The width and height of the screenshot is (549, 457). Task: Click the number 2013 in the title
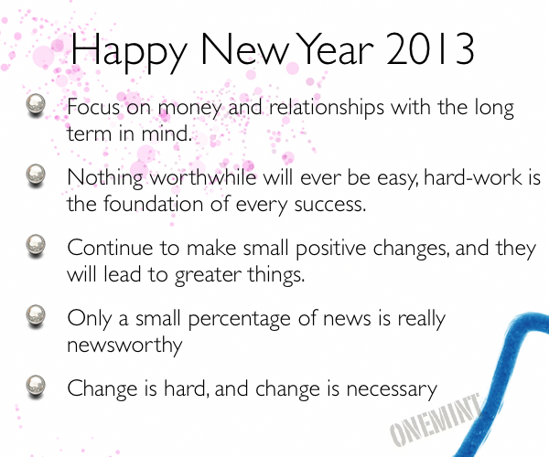pyautogui.click(x=430, y=49)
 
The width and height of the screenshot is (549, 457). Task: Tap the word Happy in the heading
pyautogui.click(x=128, y=52)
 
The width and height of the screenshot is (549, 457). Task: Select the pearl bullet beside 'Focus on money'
pyautogui.click(x=36, y=105)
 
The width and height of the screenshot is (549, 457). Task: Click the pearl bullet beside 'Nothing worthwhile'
pyautogui.click(x=36, y=175)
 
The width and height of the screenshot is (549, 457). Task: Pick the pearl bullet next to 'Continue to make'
pyautogui.click(x=36, y=246)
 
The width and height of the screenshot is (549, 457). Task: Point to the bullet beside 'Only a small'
pyautogui.click(x=36, y=315)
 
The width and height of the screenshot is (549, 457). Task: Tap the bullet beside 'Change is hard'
pyautogui.click(x=36, y=386)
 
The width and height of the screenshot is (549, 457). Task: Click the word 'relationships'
pyautogui.click(x=327, y=108)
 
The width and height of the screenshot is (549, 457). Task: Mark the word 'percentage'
pyautogui.click(x=240, y=320)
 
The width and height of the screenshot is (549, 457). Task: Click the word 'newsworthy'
pyautogui.click(x=124, y=345)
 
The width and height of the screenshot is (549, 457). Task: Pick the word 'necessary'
pyautogui.click(x=392, y=390)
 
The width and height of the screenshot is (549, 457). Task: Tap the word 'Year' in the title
pyautogui.click(x=336, y=49)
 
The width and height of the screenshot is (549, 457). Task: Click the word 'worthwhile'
pyautogui.click(x=204, y=177)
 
